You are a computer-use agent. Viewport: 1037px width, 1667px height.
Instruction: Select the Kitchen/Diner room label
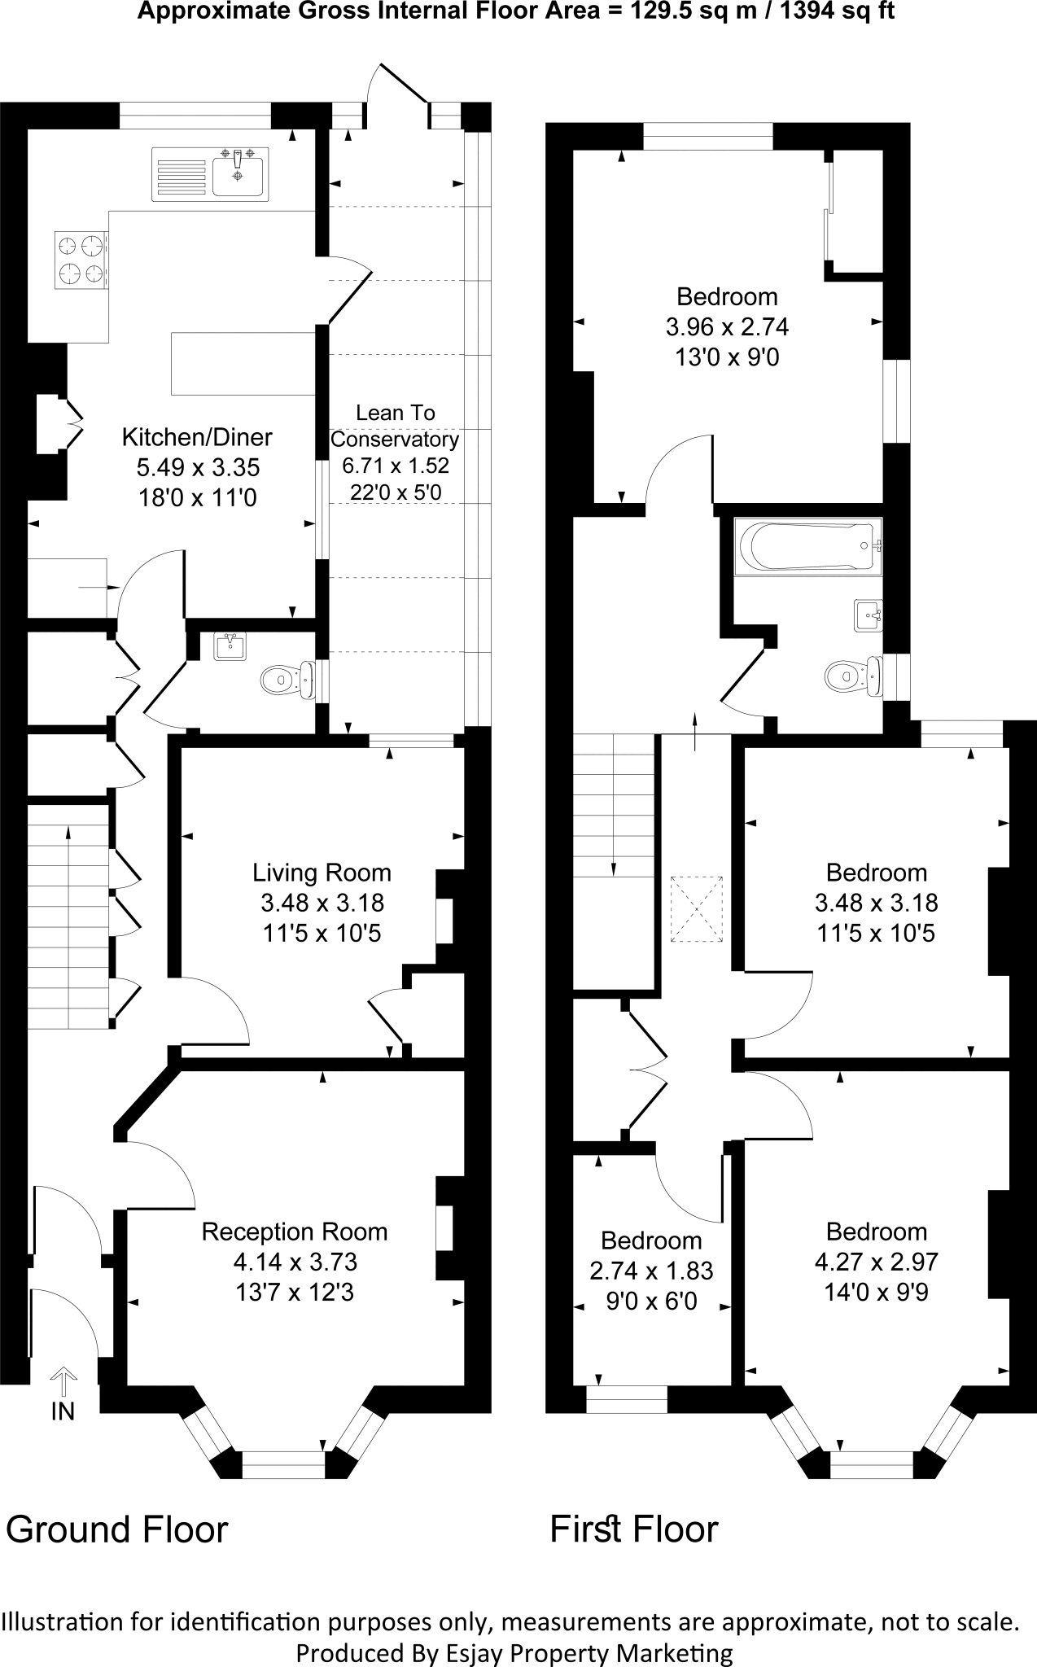197,437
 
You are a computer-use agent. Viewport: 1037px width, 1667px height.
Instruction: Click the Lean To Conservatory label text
395,426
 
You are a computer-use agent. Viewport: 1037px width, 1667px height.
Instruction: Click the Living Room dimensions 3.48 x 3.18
322,903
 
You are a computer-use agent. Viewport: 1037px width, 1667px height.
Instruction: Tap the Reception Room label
295,1232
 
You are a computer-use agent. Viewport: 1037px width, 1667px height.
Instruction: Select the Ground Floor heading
117,1529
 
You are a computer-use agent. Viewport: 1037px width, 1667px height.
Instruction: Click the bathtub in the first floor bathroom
807,547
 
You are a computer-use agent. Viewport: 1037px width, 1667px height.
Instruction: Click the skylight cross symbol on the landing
696,909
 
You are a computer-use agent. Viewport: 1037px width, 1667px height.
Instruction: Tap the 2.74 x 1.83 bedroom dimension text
651,1271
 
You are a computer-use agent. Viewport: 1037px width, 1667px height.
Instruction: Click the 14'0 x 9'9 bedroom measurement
877,1292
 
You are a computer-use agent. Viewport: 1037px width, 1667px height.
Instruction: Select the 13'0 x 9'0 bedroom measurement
727,357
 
